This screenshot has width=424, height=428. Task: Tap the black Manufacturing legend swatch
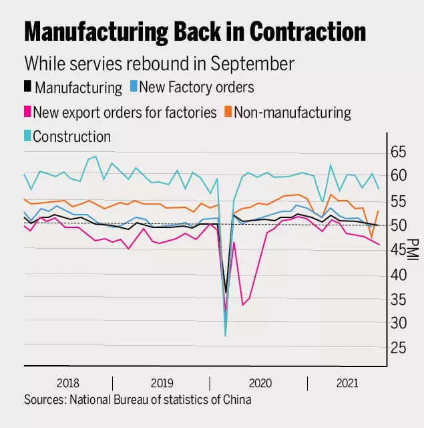point(27,87)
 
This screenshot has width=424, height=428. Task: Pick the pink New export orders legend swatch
point(27,112)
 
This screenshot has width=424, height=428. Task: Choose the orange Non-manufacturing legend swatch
point(226,112)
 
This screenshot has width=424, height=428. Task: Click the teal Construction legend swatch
point(27,136)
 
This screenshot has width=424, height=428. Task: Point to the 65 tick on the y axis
point(398,152)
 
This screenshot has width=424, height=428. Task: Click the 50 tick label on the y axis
point(398,225)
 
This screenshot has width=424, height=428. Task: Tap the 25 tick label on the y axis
point(398,348)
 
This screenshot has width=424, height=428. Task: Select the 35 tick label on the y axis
point(398,299)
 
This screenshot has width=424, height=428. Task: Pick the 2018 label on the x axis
point(68,384)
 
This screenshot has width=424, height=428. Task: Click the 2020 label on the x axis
point(259,384)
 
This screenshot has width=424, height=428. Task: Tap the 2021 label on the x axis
point(347,384)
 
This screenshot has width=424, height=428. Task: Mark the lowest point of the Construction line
point(225,335)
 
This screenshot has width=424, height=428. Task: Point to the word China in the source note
point(237,400)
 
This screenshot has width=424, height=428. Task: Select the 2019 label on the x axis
point(162,384)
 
